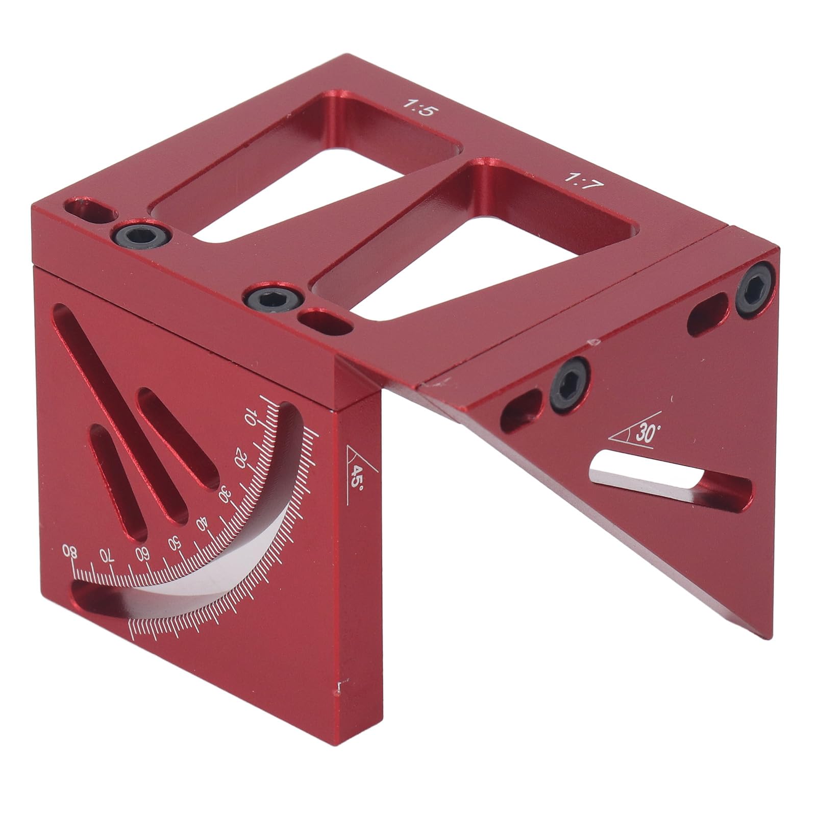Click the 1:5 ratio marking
pos(418,108)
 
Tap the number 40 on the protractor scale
pos(203,524)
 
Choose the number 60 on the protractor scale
pos(142,552)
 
